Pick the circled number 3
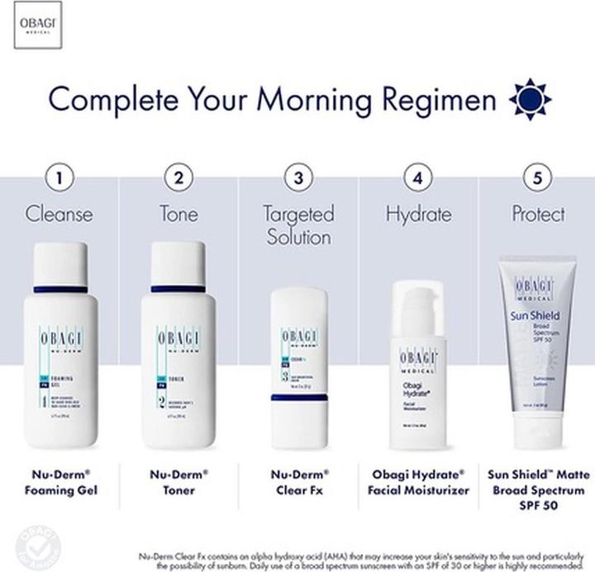[297, 177]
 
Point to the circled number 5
[537, 177]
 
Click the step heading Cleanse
[59, 215]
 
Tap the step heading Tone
[178, 215]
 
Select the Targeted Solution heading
[297, 225]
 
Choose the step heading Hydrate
[418, 215]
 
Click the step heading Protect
[538, 215]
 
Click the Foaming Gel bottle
[59, 347]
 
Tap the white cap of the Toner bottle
[178, 262]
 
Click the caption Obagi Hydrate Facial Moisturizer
[418, 482]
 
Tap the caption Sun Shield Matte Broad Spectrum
[538, 489]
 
